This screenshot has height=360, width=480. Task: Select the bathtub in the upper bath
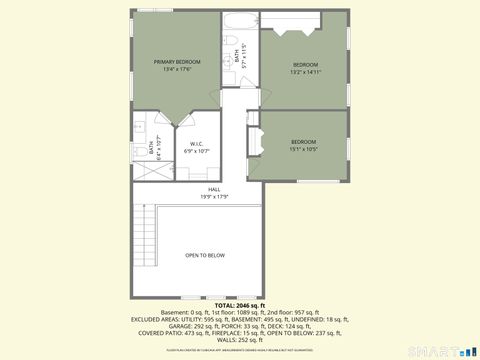point(241,22)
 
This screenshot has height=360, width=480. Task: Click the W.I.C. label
point(198,144)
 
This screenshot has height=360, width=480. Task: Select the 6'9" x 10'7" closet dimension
point(198,151)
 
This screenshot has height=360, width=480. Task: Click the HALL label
point(214,189)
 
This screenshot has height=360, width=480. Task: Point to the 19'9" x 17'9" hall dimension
point(214,196)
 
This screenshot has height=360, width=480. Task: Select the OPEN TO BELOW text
point(205,255)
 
